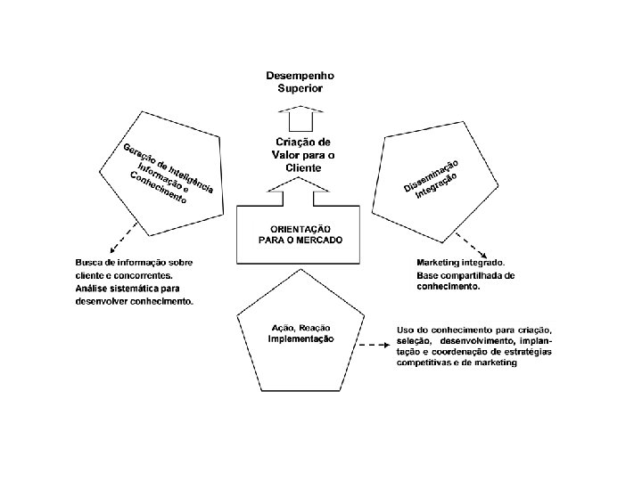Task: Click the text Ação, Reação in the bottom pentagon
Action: coord(301,329)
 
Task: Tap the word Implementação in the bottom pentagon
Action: coord(301,339)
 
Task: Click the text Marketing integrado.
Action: coord(460,263)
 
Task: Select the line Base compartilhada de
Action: coord(465,275)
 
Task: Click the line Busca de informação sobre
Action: coord(134,263)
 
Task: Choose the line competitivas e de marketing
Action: coord(457,363)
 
